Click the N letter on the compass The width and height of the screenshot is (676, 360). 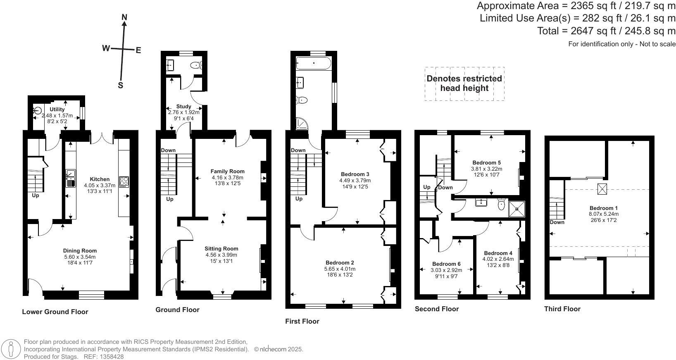click(x=124, y=17)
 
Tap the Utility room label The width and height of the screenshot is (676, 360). click(x=57, y=109)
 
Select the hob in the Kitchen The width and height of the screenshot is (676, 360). click(x=124, y=182)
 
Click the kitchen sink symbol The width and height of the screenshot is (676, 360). click(x=71, y=178)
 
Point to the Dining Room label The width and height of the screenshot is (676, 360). click(x=80, y=250)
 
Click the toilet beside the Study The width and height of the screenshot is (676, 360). click(x=195, y=65)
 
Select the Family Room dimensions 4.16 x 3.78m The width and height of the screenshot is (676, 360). click(x=227, y=178)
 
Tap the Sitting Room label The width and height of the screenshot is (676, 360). click(x=221, y=248)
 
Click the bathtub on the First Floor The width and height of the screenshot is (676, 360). click(x=314, y=63)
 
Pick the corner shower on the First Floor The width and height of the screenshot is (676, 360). click(x=302, y=123)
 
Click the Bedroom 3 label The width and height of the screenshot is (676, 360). click(x=355, y=174)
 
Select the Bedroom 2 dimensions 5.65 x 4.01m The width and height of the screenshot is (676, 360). click(x=340, y=269)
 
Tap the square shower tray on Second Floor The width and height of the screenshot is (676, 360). click(x=517, y=209)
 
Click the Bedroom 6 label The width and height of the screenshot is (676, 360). click(x=446, y=264)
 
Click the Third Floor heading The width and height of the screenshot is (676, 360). click(x=562, y=309)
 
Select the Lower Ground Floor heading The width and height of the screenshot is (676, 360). click(x=55, y=312)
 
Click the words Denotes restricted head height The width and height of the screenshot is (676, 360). click(x=464, y=83)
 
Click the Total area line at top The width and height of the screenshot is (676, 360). click(x=606, y=31)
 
